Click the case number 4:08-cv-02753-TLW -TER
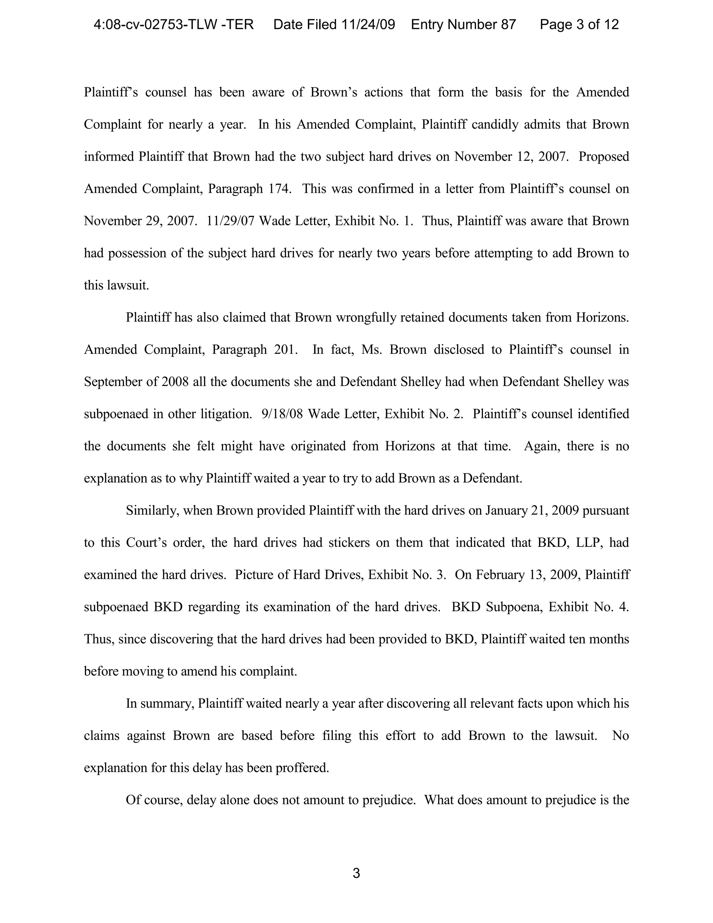coord(174,24)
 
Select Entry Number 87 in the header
coord(463,24)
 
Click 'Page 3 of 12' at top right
coord(579,24)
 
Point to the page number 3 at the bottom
coord(356,874)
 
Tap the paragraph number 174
coord(280,189)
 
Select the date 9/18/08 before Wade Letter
coord(282,414)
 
